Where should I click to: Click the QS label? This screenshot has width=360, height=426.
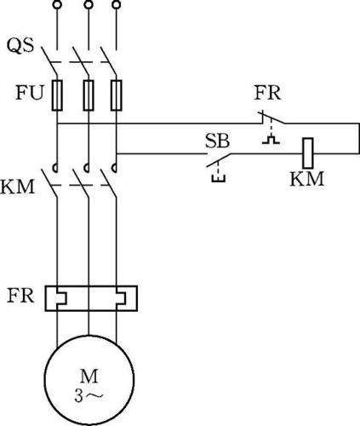(20, 45)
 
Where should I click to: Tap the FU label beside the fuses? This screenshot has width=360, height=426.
(30, 93)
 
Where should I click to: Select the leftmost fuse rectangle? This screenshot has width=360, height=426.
(57, 95)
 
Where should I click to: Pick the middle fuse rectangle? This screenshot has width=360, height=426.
(89, 95)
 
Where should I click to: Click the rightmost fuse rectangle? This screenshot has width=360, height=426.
(117, 95)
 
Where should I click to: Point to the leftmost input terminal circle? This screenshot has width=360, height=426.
(57, 4)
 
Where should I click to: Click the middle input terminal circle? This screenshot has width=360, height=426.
(89, 4)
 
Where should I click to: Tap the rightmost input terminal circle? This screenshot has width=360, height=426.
(117, 4)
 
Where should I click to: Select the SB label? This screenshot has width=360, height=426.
(217, 141)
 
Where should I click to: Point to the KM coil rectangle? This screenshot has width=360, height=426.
(308, 153)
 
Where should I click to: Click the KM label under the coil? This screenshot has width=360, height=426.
(306, 179)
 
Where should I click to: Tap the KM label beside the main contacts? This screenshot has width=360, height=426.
(18, 187)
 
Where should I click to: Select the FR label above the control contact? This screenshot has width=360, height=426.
(267, 93)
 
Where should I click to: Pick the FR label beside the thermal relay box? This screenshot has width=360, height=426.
(20, 296)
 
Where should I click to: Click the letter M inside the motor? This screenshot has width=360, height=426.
(89, 377)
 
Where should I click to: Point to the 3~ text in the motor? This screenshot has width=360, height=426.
(89, 396)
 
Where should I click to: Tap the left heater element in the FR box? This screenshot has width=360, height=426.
(62, 298)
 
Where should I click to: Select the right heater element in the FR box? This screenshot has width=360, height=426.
(121, 298)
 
